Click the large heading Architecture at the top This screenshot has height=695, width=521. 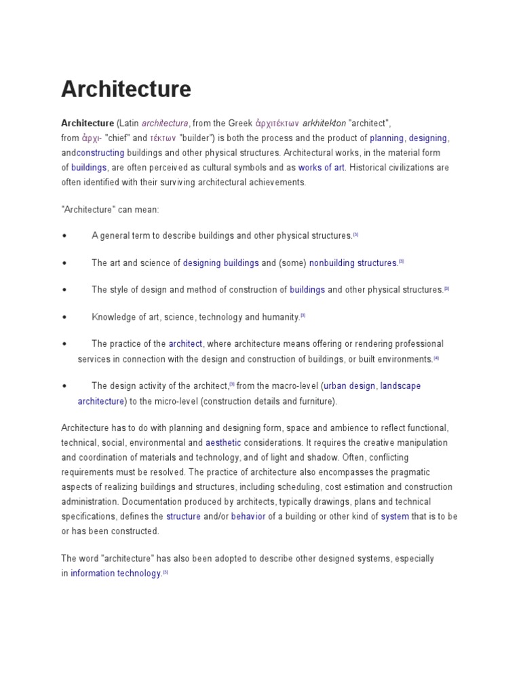coord(126,89)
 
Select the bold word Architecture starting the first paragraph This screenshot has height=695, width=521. coord(88,123)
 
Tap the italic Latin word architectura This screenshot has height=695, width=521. coord(165,123)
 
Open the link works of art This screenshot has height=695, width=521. coord(322,168)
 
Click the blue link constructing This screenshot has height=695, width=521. coord(100,153)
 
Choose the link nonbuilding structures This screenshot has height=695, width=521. coord(353,263)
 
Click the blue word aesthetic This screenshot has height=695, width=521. coord(223,443)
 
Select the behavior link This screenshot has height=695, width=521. coord(248,516)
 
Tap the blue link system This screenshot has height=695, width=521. coord(395,516)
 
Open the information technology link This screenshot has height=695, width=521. coord(116,573)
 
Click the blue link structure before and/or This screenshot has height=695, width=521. coord(183,516)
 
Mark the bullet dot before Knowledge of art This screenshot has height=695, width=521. coord(64,317)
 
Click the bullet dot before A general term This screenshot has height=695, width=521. coord(64,236)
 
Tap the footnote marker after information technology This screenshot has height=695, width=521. coord(166,571)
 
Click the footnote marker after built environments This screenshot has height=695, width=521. coord(437,358)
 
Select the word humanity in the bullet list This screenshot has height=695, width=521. coord(280,317)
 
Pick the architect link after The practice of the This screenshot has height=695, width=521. coord(185,343)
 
